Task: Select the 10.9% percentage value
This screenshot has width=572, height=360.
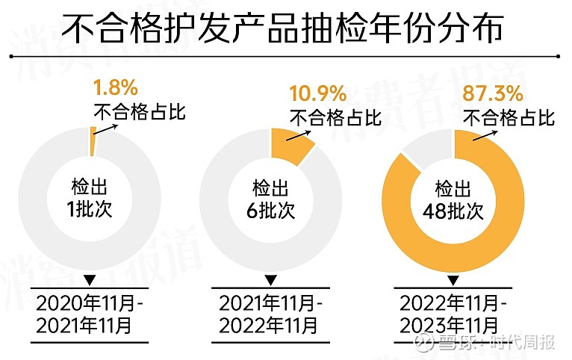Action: coord(317,94)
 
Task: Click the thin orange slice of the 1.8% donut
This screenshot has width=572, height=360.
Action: coord(93,141)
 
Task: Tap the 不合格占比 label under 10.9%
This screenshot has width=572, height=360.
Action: coord(336,117)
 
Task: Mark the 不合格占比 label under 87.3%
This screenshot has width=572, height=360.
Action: coord(510,117)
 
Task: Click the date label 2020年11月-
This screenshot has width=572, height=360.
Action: coord(90,303)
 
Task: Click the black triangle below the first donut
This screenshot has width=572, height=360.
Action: coord(90,280)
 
